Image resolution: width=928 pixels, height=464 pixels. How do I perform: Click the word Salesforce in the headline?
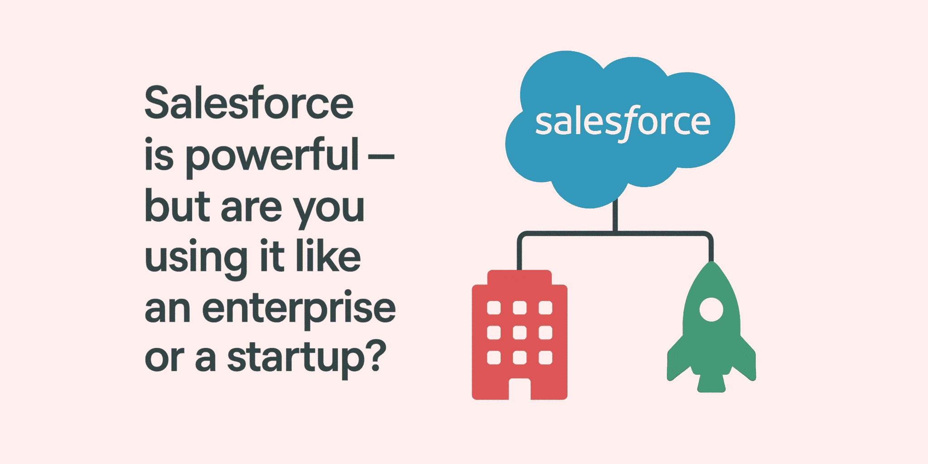coord(249,103)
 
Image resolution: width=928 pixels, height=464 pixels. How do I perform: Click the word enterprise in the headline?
coord(299,309)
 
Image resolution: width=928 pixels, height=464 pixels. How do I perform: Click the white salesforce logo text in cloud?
coord(623,122)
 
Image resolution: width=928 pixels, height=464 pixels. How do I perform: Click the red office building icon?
coord(519,335)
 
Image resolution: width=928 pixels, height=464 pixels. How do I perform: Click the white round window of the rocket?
coord(711,309)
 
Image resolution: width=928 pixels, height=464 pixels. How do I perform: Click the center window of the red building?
coord(519,333)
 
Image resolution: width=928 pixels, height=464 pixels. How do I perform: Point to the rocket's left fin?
coord(676,360)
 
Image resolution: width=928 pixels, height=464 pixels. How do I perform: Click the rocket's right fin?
coord(747,360)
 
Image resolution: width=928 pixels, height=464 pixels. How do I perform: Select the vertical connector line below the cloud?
coord(615,217)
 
